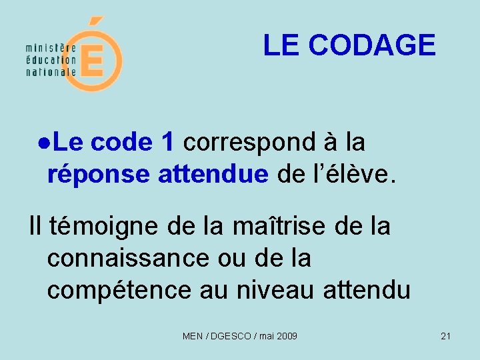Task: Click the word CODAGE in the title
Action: pos(372,45)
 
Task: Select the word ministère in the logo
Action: pos(51,49)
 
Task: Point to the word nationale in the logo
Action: pos(51,71)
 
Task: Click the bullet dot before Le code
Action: pos(43,142)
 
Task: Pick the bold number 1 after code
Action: pos(168,141)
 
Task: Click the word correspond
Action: pos(250,142)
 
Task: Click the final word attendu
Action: pos(366,290)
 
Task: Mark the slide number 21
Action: pos(446,336)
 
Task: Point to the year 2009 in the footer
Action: pos(286,336)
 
